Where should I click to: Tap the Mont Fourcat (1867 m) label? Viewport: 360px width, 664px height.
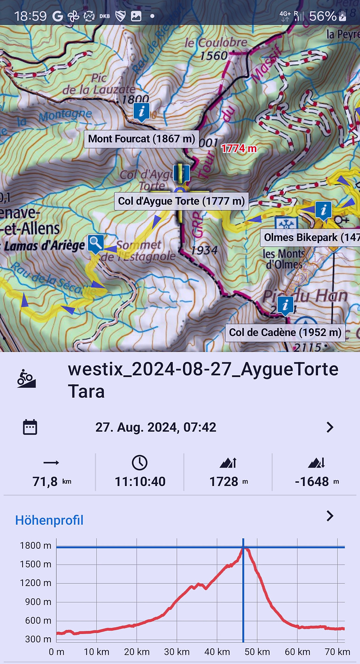142,138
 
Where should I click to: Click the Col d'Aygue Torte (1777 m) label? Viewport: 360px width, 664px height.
181,201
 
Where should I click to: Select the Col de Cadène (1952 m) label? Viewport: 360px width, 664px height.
285,332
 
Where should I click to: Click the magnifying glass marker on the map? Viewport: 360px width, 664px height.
95,243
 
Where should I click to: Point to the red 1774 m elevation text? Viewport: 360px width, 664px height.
239,148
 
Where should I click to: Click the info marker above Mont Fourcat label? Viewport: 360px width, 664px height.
142,111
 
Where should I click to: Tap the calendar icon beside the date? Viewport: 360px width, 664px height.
30,427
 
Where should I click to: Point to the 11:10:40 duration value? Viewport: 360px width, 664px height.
140,481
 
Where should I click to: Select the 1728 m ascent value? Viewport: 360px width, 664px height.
224,481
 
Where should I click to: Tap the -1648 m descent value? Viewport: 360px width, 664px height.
312,481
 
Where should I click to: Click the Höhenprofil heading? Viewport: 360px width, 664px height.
49,520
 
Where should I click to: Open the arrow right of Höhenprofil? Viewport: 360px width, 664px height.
330,516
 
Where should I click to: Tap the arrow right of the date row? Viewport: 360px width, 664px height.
330,427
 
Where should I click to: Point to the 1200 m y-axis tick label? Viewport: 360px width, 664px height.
35,583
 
